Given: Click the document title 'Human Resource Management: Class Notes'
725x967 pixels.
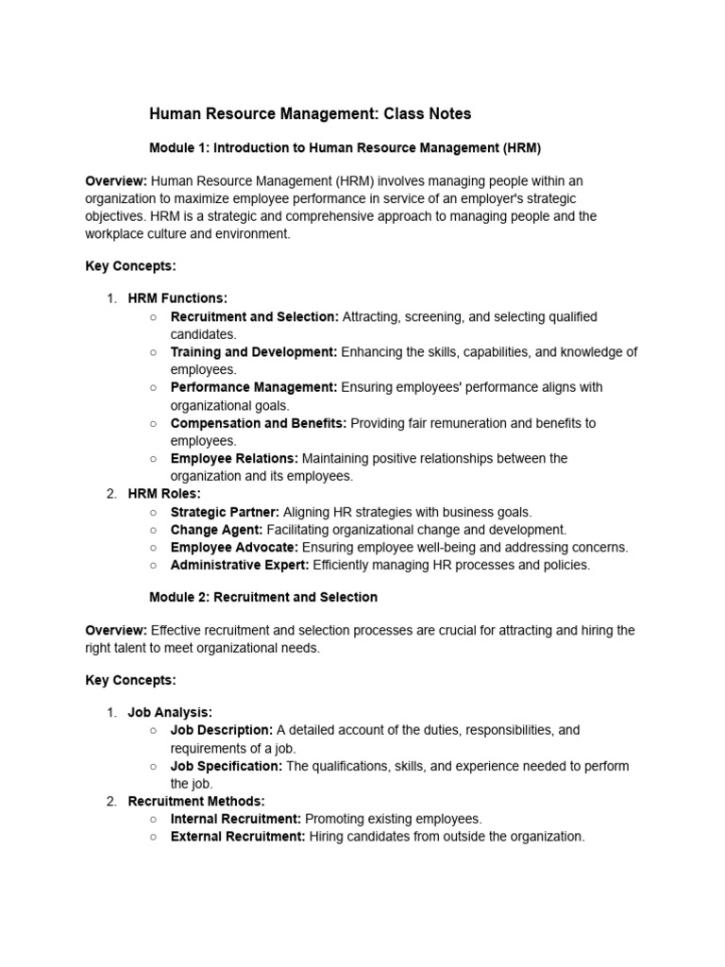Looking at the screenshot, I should coord(311,114).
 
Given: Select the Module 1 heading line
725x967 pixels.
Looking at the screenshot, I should coord(345,148).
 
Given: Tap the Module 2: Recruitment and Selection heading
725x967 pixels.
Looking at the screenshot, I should coord(263,597).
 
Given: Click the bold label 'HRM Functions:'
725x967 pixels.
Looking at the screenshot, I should coord(177,298).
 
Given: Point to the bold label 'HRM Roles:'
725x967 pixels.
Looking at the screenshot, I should coord(164,494).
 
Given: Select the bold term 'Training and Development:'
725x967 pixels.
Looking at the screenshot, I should coord(253,352).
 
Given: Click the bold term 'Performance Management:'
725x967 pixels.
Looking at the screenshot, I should coord(253,387).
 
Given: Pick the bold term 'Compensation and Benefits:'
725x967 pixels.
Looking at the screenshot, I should coord(258,423).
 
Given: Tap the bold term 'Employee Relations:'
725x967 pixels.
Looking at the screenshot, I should coord(234,458).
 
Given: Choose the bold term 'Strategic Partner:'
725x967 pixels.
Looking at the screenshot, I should coord(225,512).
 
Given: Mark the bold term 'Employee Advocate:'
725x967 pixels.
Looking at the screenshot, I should coord(234,547).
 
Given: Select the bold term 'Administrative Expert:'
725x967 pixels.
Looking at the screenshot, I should coord(240,565).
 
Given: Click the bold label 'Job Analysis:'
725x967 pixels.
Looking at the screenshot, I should coord(170,712).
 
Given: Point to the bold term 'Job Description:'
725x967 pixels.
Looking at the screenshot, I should coord(222,730).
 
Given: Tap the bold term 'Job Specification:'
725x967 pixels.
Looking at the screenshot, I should coord(227,766).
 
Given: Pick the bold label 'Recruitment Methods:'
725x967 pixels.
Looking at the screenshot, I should coord(196,801).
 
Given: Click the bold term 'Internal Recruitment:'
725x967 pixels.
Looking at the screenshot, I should coord(236,819).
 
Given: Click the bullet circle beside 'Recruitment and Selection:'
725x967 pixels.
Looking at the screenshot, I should coord(153,316).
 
